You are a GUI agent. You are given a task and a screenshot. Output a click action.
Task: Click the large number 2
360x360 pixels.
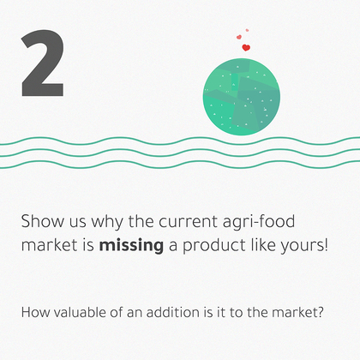(42, 63)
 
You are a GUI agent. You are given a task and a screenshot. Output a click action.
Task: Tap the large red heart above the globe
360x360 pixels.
(246, 47)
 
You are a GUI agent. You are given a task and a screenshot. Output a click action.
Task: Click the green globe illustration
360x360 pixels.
(242, 97)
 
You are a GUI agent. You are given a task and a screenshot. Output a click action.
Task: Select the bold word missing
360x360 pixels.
(131, 246)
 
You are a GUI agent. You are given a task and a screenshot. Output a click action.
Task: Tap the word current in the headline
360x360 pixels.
(189, 222)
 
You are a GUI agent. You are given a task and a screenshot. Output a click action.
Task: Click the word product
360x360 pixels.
(214, 246)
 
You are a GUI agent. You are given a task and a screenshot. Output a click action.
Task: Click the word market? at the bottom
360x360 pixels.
(297, 312)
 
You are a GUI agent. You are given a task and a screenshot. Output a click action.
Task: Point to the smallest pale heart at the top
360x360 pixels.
(247, 30)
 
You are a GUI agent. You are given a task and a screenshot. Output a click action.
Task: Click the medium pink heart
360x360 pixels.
(239, 37)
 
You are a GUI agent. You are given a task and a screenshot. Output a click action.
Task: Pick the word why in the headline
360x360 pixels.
(107, 222)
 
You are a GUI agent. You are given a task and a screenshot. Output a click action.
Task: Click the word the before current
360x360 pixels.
(141, 221)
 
